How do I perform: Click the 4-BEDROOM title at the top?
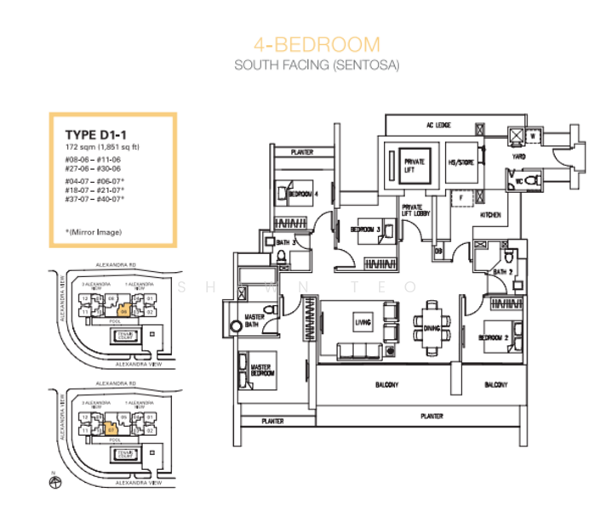(x=317, y=45)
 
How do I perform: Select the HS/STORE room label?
(x=460, y=161)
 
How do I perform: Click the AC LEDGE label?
(x=438, y=125)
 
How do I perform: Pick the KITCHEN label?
(x=491, y=216)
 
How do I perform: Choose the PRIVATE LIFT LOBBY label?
(x=416, y=210)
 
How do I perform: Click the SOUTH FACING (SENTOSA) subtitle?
(x=317, y=65)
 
